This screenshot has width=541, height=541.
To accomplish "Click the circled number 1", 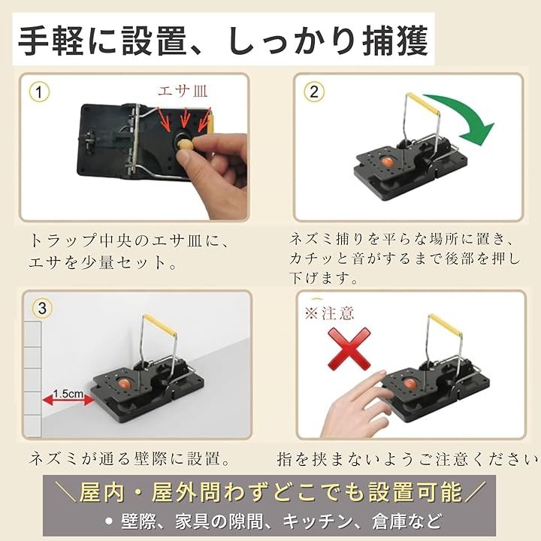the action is pos(39,92).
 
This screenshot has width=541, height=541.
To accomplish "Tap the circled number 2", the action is pos(313,92).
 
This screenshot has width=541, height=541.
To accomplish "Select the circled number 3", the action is pos(42,308).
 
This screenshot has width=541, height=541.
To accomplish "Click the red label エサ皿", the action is pos(183,91).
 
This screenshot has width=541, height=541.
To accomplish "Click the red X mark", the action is pos(349,349).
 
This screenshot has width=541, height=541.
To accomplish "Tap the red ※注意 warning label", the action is pos(330,313).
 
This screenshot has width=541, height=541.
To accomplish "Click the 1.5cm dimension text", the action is pos(68,393).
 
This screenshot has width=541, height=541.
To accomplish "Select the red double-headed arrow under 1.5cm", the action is pos(68,400).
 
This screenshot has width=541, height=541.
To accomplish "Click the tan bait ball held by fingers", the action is pos(185,144).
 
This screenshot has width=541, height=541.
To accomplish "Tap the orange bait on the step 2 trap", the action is pos(387,162).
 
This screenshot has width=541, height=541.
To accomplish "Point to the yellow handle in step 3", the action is pos(160,325).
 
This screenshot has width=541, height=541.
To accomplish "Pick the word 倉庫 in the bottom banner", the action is pos(389,521).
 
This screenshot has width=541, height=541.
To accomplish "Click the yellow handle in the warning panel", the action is pos(445,325).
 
